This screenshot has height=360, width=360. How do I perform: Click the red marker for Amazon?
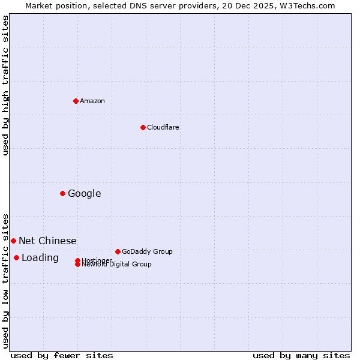76,101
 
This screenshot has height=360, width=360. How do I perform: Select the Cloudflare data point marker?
143,127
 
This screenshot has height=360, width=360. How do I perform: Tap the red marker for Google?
62,193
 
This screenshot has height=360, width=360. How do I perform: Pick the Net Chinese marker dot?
13,241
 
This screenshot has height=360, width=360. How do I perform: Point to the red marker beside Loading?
16,257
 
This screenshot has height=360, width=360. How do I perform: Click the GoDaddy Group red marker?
118,251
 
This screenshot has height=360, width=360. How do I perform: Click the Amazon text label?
92,101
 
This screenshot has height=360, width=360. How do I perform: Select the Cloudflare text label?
163,127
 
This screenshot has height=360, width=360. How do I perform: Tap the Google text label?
84,193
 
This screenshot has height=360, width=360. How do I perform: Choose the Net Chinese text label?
47,241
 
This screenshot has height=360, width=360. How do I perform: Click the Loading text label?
40,258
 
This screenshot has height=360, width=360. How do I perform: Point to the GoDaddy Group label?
147,251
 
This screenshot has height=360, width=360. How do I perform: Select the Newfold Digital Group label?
116,265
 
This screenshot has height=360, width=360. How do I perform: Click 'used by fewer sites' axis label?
62,355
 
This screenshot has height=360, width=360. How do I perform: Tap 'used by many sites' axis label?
301,355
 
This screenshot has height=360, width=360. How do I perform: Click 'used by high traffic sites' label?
5,85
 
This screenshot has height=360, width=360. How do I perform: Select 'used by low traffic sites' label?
5,280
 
